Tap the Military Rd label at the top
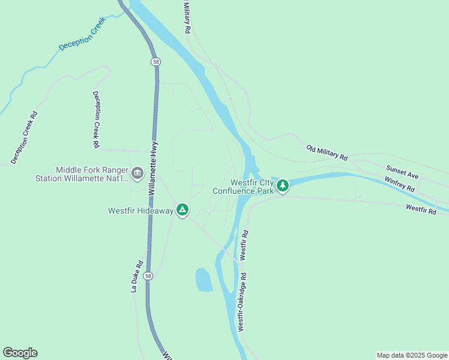(187, 16)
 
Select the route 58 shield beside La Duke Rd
(149, 276)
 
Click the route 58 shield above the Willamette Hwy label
(156, 61)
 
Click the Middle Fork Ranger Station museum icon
(137, 174)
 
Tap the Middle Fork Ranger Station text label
(92, 174)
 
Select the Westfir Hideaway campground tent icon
(182, 210)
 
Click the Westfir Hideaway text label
(140, 211)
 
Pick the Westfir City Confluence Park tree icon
(283, 186)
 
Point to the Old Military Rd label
(327, 152)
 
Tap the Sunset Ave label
(402, 172)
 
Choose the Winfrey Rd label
(400, 183)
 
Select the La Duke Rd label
(136, 275)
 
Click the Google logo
(20, 353)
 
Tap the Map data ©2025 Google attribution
(412, 355)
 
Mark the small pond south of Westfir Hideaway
(203, 280)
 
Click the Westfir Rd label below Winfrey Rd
(420, 209)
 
